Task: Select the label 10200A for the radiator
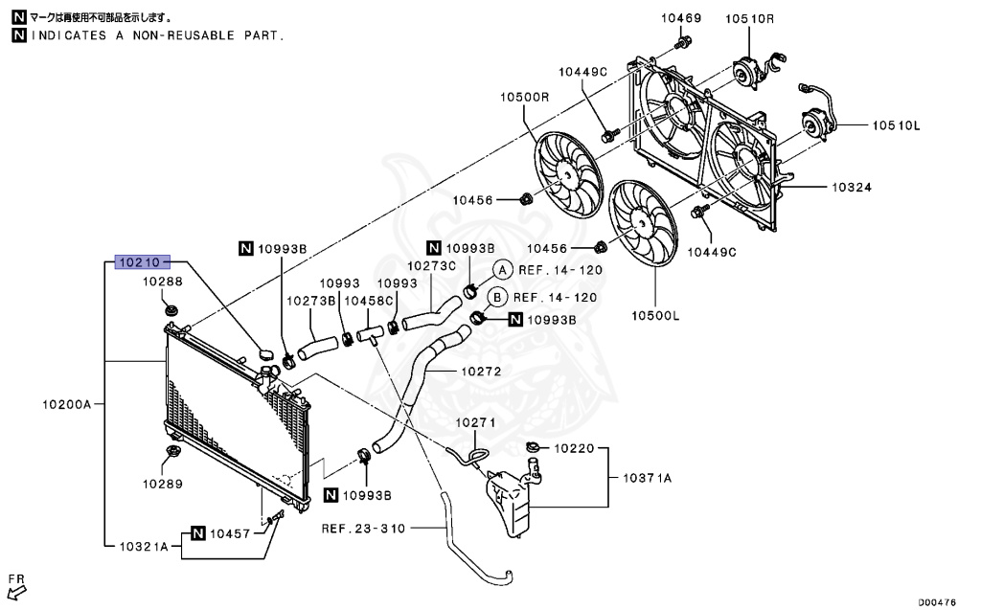pos(65,405)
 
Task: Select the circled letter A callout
pos(502,270)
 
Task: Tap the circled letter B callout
pos(498,297)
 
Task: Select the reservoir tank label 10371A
pos(648,477)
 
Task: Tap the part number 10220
pos(574,447)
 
